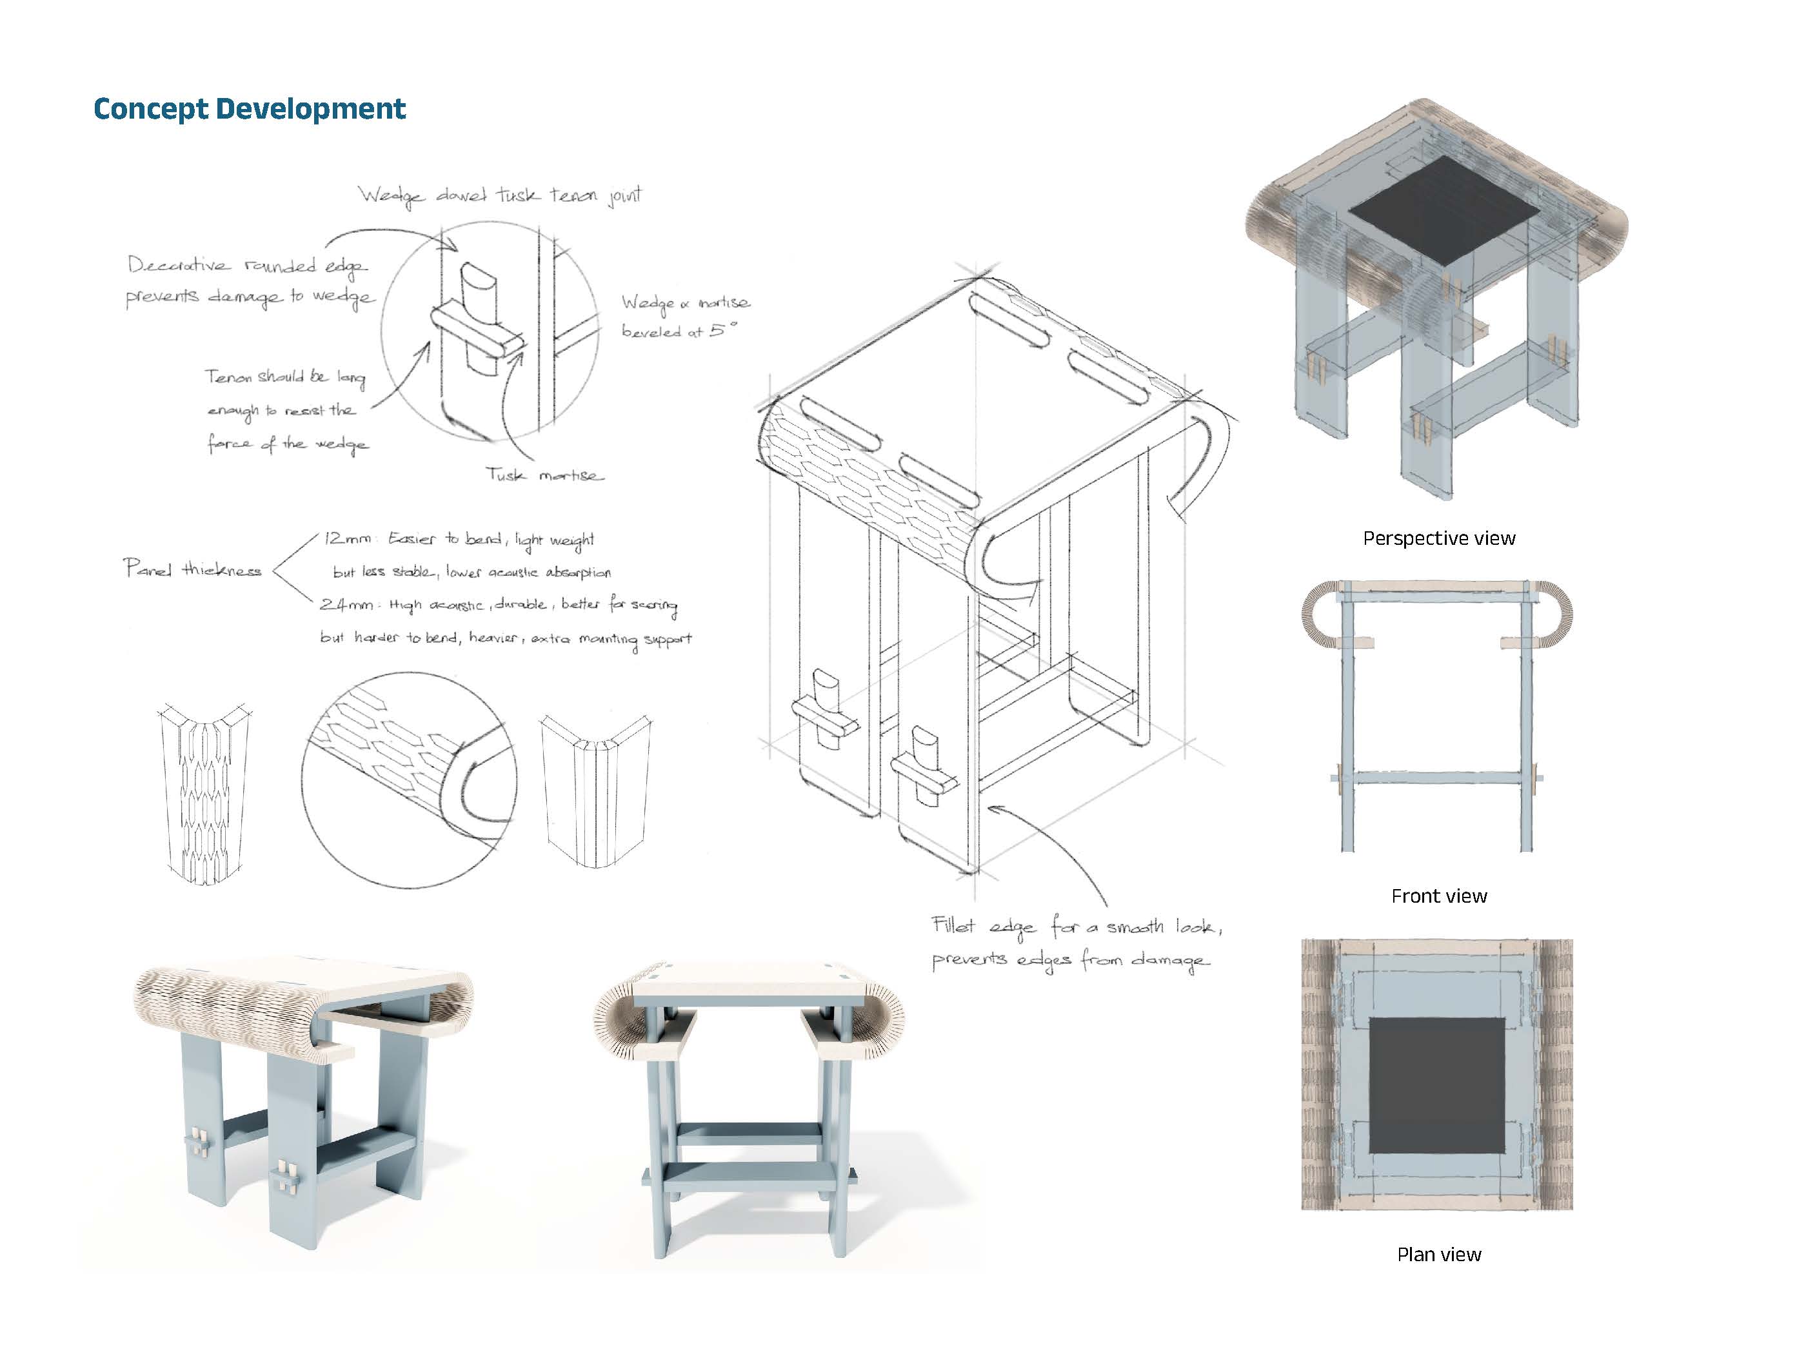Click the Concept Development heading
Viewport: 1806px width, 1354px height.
pyautogui.click(x=249, y=108)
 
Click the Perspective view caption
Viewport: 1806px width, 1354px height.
pyautogui.click(x=1438, y=538)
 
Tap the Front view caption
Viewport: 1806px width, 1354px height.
pyautogui.click(x=1438, y=896)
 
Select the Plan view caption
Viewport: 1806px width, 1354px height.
pyautogui.click(x=1438, y=1255)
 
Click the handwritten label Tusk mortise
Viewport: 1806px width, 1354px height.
pyautogui.click(x=544, y=475)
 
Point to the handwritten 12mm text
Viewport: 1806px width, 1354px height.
pyautogui.click(x=347, y=538)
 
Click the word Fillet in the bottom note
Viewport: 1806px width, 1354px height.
pyautogui.click(x=953, y=925)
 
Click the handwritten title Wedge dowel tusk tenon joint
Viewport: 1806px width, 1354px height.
pyautogui.click(x=500, y=196)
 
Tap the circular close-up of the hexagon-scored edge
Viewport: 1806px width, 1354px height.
pyautogui.click(x=408, y=780)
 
